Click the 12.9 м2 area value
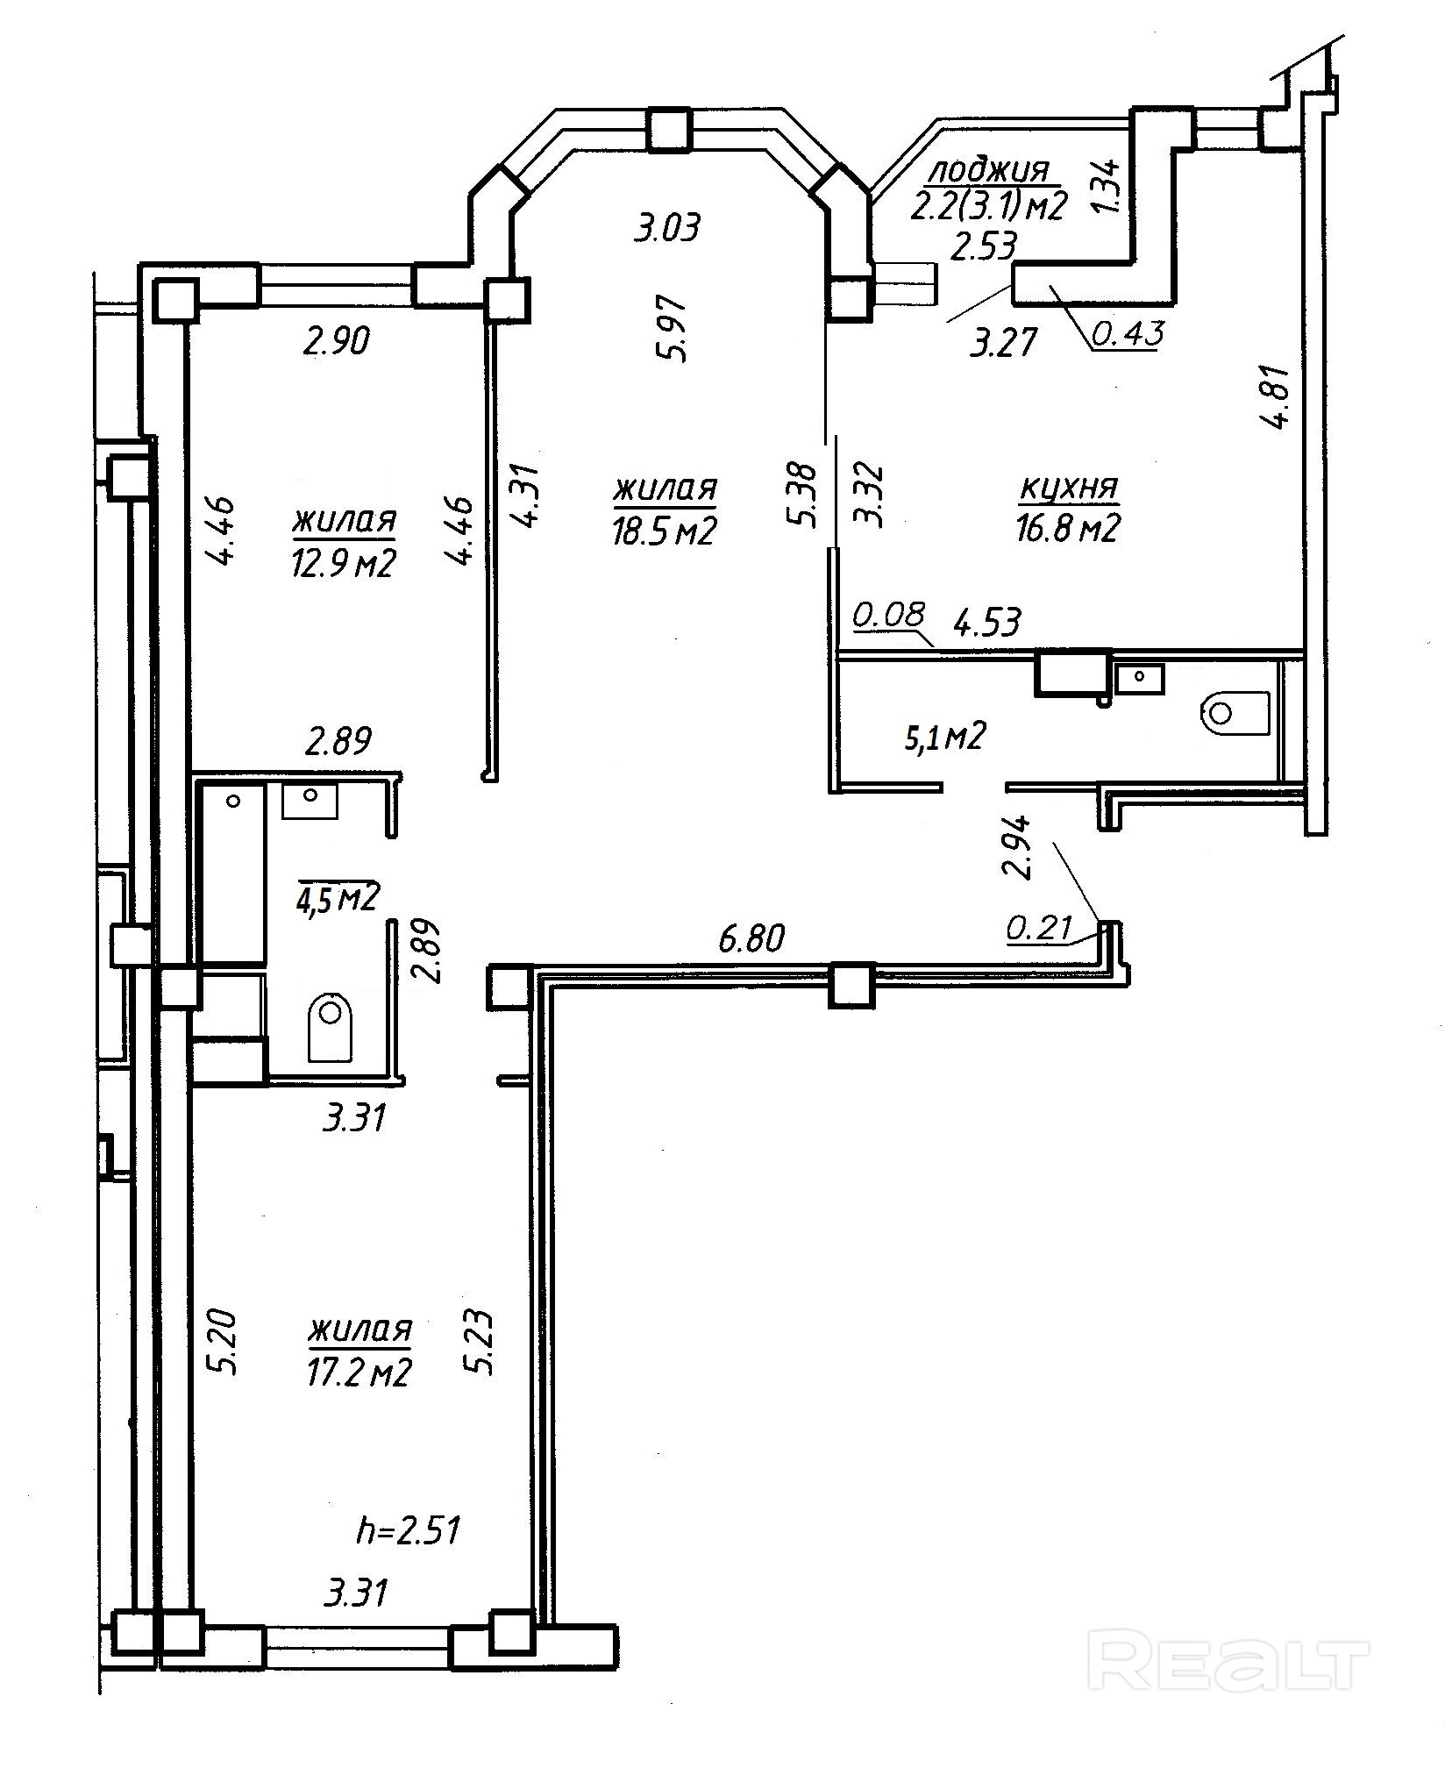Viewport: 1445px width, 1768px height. (x=343, y=563)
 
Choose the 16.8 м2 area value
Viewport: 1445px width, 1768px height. (x=1069, y=529)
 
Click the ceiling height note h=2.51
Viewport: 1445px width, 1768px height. (x=409, y=1531)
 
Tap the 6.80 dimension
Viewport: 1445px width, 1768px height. (x=751, y=939)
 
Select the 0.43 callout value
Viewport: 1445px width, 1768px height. (x=1128, y=333)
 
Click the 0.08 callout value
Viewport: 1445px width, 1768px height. (x=888, y=615)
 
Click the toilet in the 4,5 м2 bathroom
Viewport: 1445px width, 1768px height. (x=331, y=1027)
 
